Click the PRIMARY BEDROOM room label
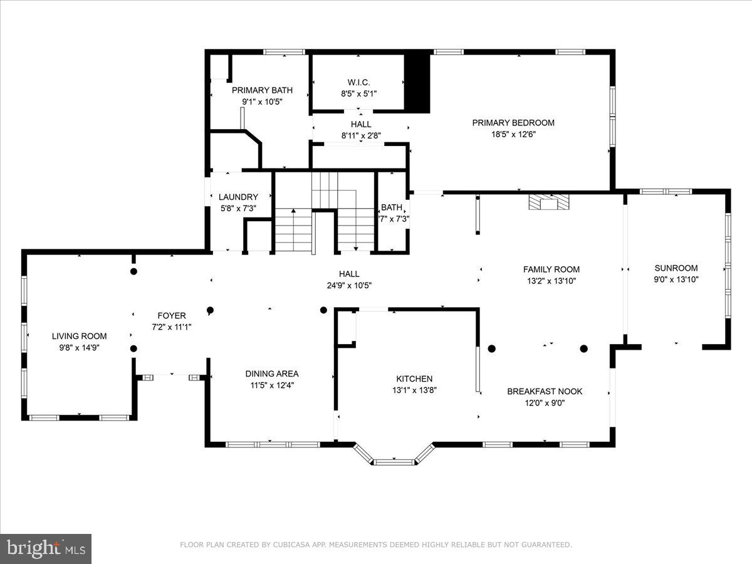513,123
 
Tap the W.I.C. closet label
358,83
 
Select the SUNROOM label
676,268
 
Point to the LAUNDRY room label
239,197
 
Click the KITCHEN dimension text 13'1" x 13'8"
415,390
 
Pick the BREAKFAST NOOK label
545,392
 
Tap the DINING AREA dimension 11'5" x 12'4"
272,385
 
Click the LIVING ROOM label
79,337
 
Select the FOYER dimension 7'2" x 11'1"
172,327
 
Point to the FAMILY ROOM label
551,269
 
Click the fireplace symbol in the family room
549,202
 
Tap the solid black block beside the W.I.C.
417,83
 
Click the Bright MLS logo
46,548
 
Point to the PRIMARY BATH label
262,90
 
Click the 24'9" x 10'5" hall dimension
349,285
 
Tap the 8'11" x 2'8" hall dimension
361,135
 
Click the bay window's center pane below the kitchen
394,462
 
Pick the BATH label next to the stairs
392,207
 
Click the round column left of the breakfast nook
492,348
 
